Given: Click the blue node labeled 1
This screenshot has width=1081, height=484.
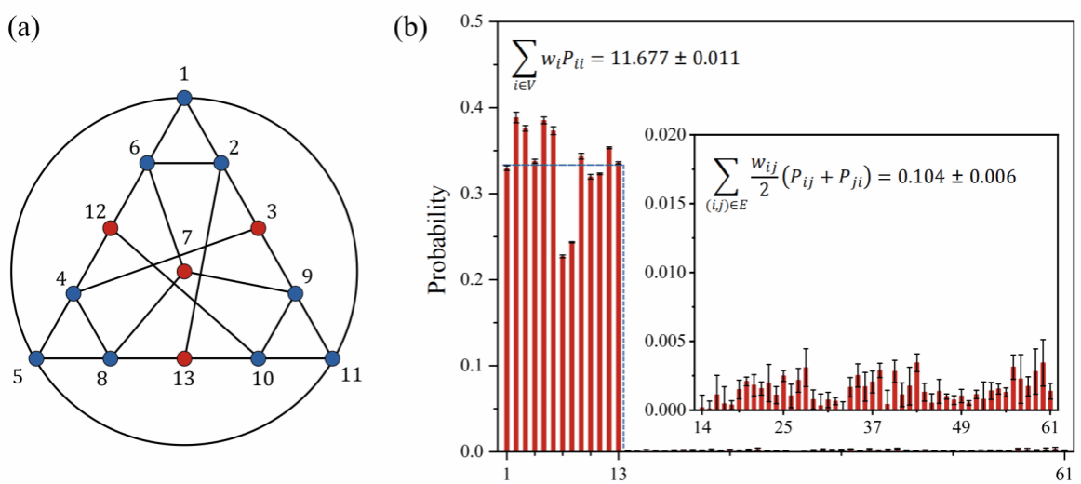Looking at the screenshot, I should coord(184,97).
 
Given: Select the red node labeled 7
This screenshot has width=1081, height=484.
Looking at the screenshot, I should coord(184,272).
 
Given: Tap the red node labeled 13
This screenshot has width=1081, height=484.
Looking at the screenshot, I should coord(184,357).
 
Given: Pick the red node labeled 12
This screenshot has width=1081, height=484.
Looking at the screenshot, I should coord(110,228).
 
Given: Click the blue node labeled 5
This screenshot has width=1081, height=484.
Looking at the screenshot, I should coord(36,357).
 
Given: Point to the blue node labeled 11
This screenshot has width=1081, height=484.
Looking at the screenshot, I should coord(332,357).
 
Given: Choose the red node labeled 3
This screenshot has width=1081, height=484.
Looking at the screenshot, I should coord(259,228).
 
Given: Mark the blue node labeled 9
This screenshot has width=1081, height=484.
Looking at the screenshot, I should coord(296,293).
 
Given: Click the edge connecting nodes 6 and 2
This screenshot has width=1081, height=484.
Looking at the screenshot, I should coord(184,163).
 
